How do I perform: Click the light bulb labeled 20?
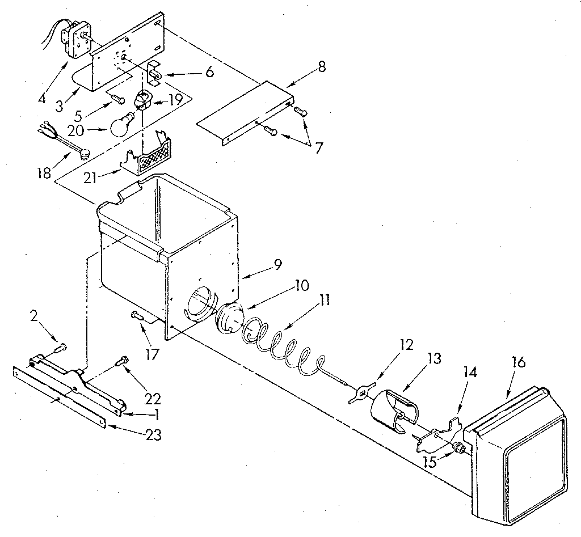pos(122,125)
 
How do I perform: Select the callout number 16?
pos(518,362)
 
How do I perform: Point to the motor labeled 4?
pos(76,38)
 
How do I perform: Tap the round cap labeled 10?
pos(230,319)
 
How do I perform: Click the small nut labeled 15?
pos(457,449)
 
